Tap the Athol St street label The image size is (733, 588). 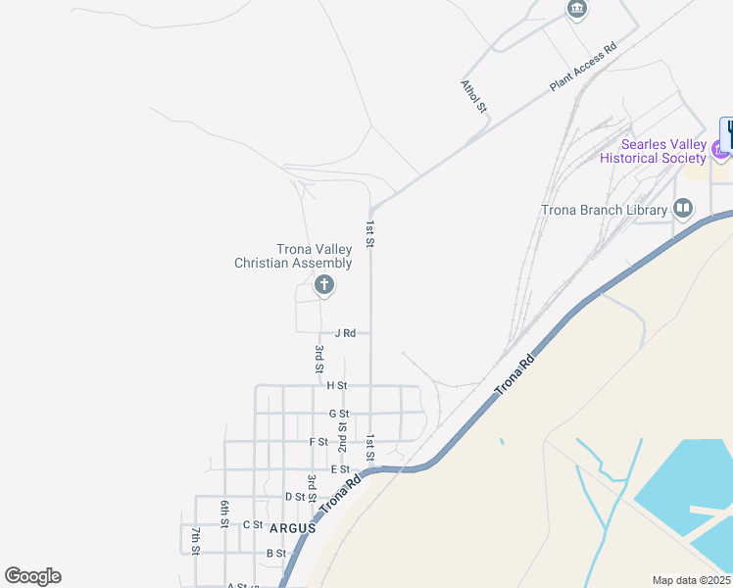(474, 96)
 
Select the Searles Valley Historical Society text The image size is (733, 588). (653, 151)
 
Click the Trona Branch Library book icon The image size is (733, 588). (683, 208)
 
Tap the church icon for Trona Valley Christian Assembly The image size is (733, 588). (323, 285)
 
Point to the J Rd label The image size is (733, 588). (344, 333)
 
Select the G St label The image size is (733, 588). (339, 415)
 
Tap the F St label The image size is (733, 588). (318, 442)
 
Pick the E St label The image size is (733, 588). (340, 470)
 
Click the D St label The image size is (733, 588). (295, 497)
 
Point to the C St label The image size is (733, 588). (253, 524)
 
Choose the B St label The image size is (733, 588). (275, 554)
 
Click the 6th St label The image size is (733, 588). (224, 514)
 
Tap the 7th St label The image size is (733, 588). (196, 541)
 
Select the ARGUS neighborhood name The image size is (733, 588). (293, 527)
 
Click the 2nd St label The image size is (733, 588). (343, 434)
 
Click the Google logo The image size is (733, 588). (32, 576)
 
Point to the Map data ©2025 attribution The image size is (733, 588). (691, 580)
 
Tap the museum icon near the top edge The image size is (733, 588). (577, 9)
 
